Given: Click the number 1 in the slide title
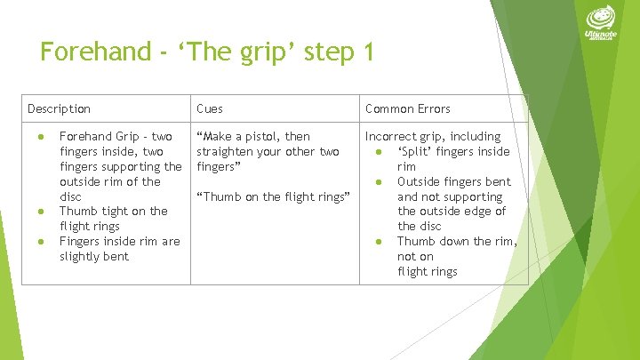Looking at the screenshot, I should tap(367, 52).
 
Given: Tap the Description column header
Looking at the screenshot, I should tap(59, 109).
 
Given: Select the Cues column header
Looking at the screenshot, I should tap(210, 109).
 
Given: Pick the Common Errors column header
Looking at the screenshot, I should tap(407, 109).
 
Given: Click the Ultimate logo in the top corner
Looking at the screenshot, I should tap(600, 24).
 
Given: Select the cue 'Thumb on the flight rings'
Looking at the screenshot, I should tap(270, 196).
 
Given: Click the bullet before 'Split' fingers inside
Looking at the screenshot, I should tap(379, 152).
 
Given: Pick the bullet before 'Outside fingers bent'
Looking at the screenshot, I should tap(379, 182).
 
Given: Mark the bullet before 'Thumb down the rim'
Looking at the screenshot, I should tap(379, 242).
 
